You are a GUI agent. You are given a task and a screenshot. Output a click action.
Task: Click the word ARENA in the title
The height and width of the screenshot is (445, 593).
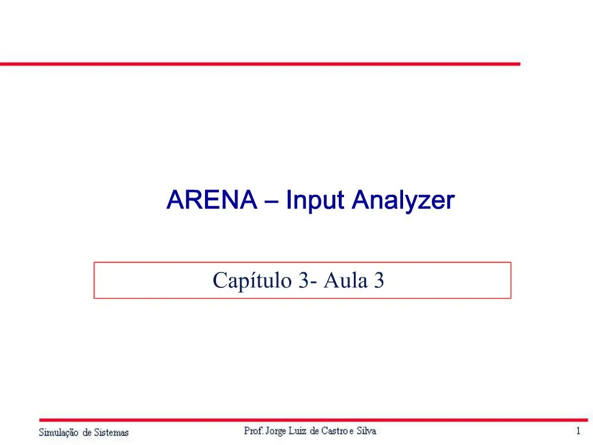[211, 200]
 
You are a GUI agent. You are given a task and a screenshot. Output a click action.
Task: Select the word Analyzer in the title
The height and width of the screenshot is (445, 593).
[403, 200]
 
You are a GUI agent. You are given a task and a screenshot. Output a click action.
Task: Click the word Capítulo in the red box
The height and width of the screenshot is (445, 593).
[253, 281]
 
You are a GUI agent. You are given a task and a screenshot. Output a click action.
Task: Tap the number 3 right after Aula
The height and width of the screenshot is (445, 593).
[379, 280]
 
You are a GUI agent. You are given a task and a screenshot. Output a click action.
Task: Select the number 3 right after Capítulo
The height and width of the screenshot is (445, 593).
[304, 280]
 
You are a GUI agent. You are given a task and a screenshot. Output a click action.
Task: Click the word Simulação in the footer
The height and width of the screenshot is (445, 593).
[58, 432]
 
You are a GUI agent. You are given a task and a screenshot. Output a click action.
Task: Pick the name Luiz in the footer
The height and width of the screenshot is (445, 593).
[304, 431]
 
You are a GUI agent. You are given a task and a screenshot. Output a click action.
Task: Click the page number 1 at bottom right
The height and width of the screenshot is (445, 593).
[578, 431]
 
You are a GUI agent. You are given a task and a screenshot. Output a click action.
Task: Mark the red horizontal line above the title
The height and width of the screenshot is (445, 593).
[260, 63]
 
